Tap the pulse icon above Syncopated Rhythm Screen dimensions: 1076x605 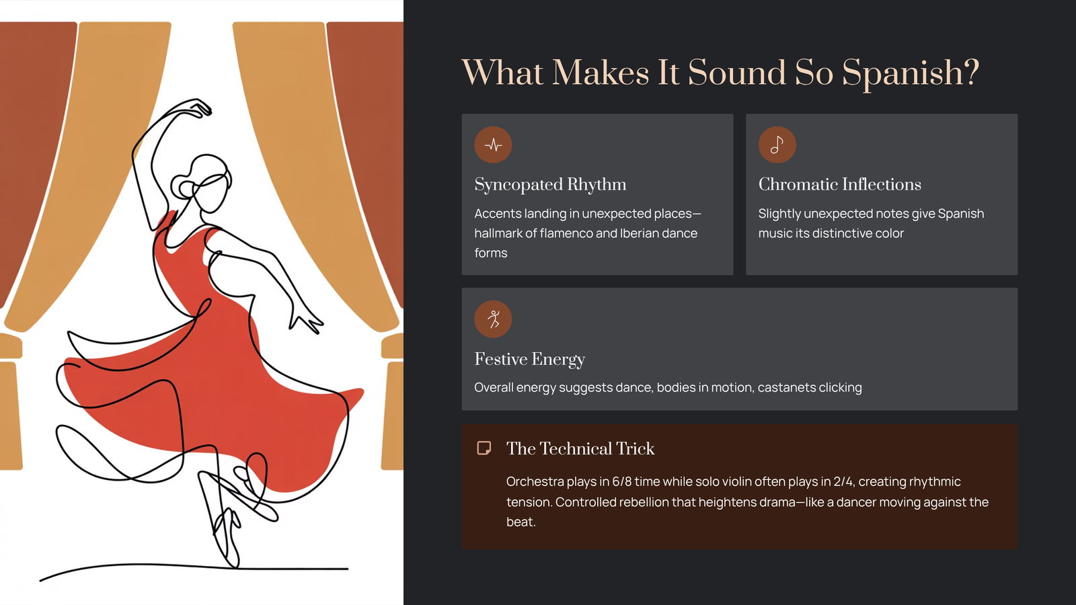pyautogui.click(x=493, y=145)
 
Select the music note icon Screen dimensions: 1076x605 pyautogui.click(x=777, y=145)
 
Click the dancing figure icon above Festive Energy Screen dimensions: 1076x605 pyautogui.click(x=493, y=319)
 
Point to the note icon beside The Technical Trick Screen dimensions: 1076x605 pyautogui.click(x=484, y=448)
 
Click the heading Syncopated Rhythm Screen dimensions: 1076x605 pyautogui.click(x=550, y=184)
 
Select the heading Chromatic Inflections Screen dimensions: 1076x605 pyautogui.click(x=840, y=184)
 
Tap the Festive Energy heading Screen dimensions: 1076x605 pyautogui.click(x=529, y=359)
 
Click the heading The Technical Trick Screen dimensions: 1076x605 pyautogui.click(x=580, y=448)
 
